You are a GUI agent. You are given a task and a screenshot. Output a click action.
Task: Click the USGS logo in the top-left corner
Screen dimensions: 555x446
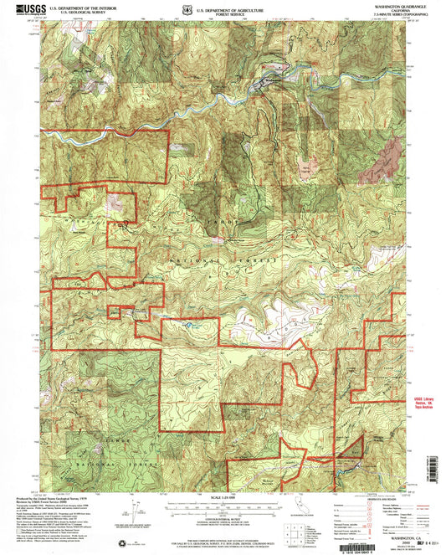click(26, 9)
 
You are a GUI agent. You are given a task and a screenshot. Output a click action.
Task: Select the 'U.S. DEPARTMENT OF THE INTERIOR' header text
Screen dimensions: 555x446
click(84, 7)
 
